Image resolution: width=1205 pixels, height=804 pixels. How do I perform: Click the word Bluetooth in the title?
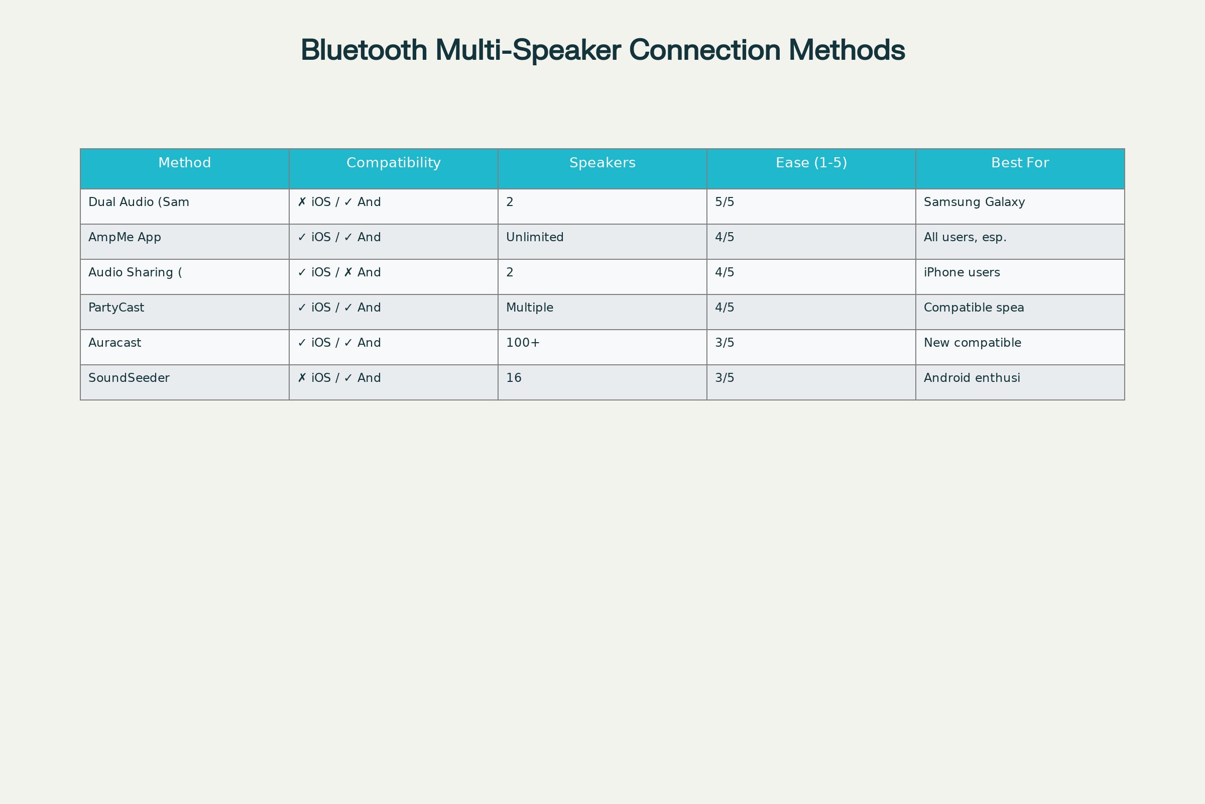(x=364, y=50)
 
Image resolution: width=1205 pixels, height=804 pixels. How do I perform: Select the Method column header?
(x=184, y=163)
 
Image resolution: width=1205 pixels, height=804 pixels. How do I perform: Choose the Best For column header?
(x=1020, y=163)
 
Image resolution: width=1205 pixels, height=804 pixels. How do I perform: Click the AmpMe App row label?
(x=125, y=237)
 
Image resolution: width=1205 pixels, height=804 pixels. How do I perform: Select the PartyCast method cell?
(x=116, y=308)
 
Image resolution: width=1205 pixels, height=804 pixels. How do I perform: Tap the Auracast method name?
(x=114, y=343)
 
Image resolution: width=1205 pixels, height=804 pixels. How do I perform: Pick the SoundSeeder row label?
(x=129, y=378)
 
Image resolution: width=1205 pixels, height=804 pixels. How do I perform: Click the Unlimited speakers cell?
(x=534, y=237)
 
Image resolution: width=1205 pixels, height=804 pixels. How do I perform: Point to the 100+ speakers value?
(x=523, y=343)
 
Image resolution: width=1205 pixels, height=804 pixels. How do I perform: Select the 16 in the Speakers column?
(x=513, y=378)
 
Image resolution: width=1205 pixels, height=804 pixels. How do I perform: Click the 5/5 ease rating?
(x=725, y=202)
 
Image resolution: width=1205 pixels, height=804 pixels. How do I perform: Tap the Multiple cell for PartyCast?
(x=529, y=308)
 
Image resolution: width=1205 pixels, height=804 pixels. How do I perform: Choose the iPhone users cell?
(x=961, y=272)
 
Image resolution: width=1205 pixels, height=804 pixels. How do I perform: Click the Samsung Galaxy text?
(x=974, y=203)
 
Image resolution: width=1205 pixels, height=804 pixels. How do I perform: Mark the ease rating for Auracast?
(x=725, y=343)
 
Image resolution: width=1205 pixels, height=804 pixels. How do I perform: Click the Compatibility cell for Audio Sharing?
(x=339, y=272)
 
